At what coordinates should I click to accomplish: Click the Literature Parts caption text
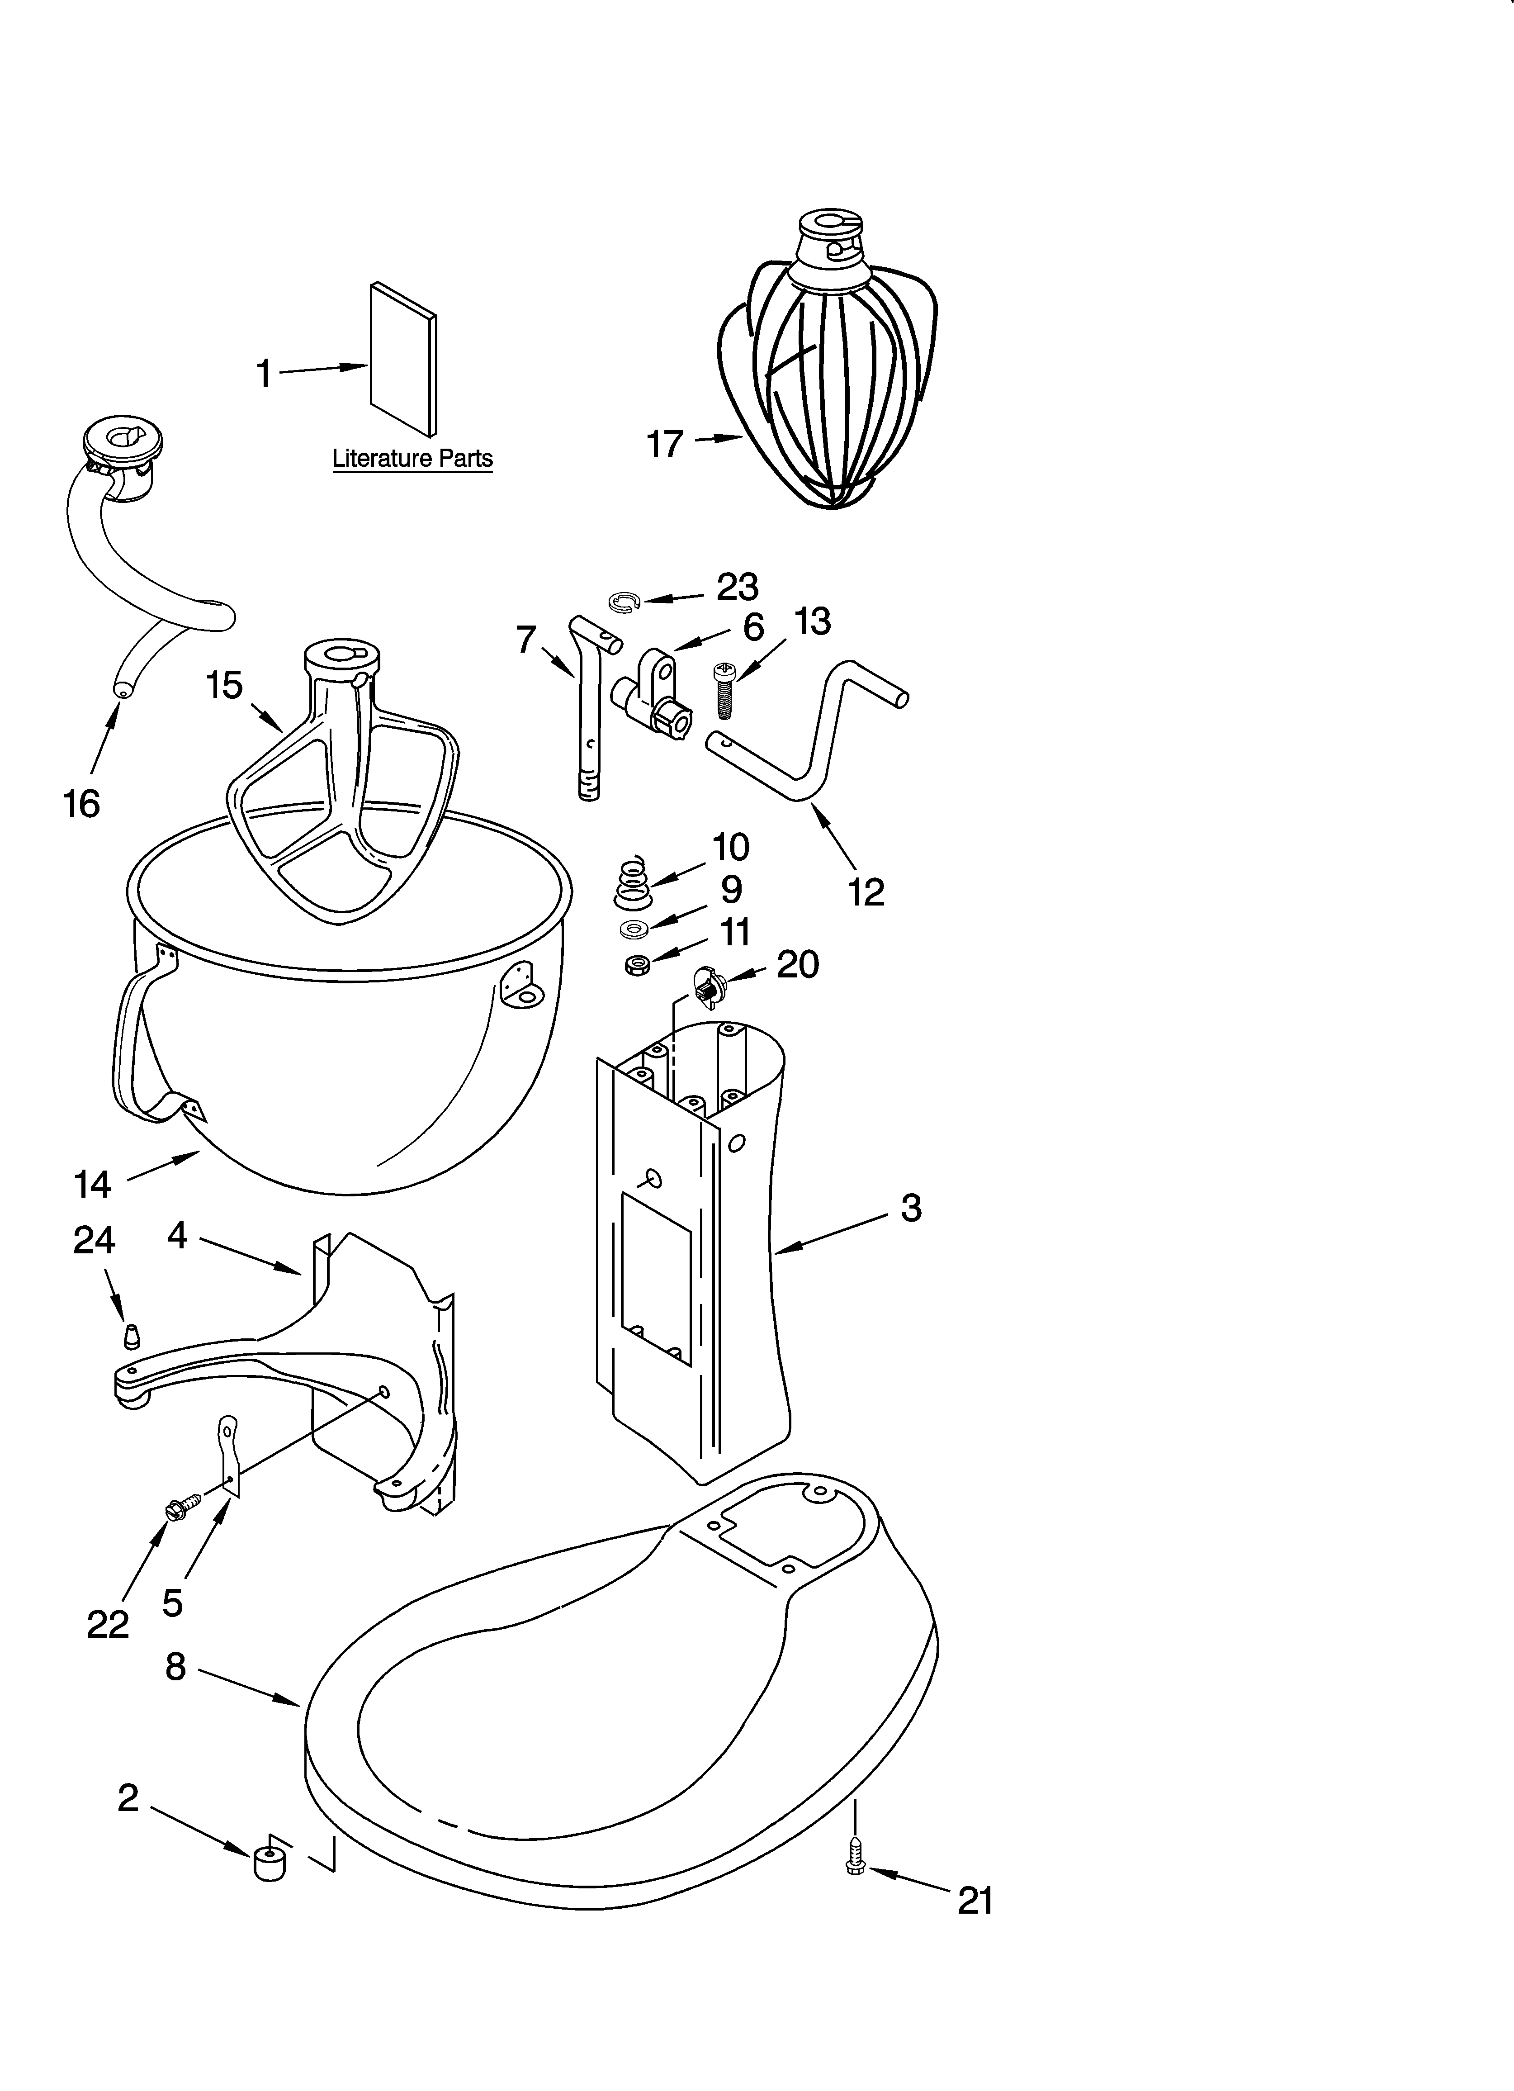tap(412, 458)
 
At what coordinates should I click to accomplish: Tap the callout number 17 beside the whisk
tap(665, 444)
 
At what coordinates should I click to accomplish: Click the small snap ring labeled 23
tap(624, 603)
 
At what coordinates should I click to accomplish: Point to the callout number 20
tap(798, 964)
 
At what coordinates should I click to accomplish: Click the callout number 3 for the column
tap(911, 1208)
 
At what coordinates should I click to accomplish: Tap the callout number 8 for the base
tap(175, 1666)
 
